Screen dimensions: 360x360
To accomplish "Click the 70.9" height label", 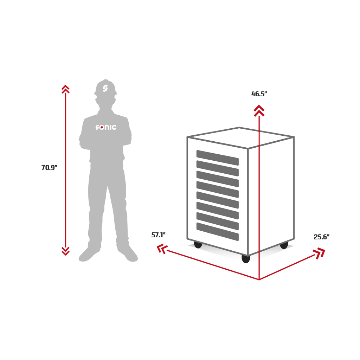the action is point(49,168).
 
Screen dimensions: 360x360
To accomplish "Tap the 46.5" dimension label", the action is point(259,94).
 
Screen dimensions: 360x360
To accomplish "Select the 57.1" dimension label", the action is point(159,235).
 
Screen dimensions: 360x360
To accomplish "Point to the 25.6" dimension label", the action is point(322,237).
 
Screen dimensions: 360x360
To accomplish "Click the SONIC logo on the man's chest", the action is point(106,127).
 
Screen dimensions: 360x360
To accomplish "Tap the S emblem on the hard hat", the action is point(105,88).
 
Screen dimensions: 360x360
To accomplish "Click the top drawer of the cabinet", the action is point(217,158).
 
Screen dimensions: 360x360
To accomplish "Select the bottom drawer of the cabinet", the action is point(217,232).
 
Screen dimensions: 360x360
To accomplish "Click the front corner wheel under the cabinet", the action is point(246,259).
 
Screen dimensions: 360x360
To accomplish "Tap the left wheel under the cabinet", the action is point(198,245).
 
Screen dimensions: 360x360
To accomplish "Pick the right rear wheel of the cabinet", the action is point(284,245).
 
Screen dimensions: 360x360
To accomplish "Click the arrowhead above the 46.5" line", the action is point(259,111).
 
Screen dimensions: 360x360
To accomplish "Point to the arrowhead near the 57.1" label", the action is point(162,249).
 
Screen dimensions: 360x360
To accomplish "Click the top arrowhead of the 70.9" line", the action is point(65,89).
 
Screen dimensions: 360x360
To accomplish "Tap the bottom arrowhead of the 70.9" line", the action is point(65,251).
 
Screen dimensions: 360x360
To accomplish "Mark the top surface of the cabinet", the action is point(240,137).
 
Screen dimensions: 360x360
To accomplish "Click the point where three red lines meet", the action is point(259,279).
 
